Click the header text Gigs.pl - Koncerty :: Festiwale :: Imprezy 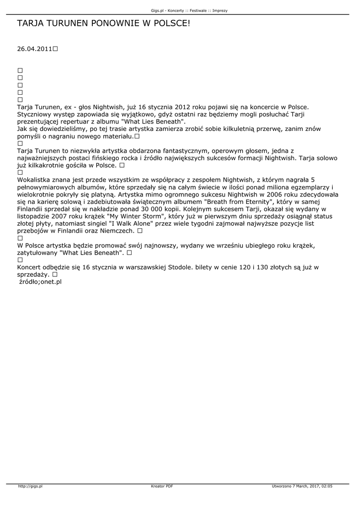coord(189,10)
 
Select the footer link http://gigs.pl coord(31,486)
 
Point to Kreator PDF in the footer coord(162,486)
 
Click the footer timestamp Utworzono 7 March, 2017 coord(302,486)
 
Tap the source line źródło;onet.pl coord(40,281)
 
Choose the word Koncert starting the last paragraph coord(31,267)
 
